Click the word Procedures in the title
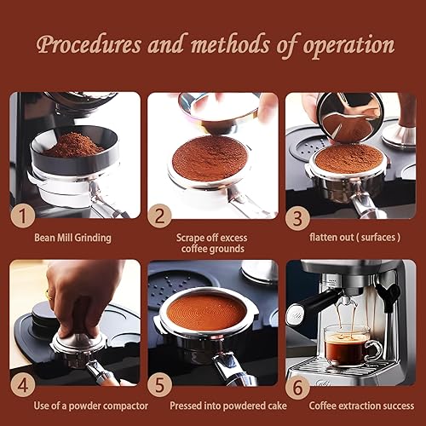89,45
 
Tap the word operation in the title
348,46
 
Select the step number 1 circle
23,216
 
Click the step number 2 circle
159,216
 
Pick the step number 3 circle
297,218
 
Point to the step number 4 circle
23,385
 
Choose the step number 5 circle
159,385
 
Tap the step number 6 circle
297,388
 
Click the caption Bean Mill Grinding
72,238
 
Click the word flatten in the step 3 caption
324,237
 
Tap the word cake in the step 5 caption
277,406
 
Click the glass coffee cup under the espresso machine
353,346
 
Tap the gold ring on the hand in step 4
49,295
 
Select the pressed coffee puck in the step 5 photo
206,312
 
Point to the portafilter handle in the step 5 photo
233,369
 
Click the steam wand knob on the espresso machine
393,291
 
